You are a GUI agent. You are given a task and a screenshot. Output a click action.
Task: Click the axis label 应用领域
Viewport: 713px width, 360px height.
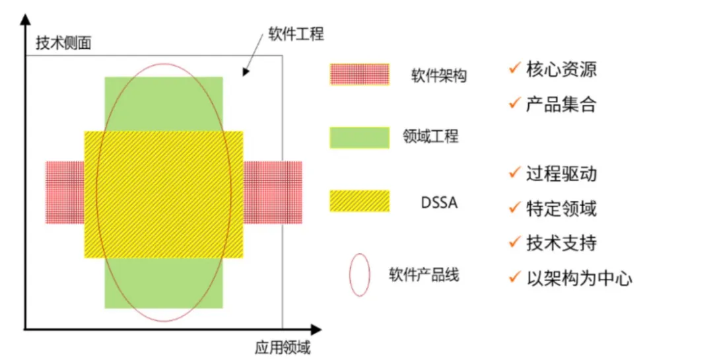283,347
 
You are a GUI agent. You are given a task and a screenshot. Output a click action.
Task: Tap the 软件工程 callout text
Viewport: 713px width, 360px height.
296,34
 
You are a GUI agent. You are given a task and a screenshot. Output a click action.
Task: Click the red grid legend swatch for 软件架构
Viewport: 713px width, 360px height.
359,75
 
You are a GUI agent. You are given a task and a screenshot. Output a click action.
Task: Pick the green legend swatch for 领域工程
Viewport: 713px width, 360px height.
359,136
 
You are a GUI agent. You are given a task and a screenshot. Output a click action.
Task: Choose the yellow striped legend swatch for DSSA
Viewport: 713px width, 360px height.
359,201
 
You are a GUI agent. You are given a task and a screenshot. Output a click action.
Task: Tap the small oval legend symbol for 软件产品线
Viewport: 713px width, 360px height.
360,274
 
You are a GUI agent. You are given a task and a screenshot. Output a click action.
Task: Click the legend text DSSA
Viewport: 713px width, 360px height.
439,203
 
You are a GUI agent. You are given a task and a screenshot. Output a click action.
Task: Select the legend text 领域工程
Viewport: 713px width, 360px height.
430,137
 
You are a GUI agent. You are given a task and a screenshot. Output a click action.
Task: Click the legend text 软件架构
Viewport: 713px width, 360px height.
438,76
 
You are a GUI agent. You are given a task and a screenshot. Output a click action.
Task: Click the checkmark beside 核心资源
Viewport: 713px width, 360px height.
514,68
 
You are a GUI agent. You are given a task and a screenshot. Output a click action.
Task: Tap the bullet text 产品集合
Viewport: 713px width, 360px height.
561,104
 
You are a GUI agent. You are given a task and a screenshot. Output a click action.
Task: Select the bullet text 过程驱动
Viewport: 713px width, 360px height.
561,174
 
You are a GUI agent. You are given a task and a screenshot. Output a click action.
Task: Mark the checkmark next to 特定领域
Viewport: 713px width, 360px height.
514,208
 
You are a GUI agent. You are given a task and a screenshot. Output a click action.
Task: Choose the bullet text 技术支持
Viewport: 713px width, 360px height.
561,242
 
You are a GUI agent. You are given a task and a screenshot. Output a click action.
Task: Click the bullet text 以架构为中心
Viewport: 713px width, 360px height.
579,277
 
